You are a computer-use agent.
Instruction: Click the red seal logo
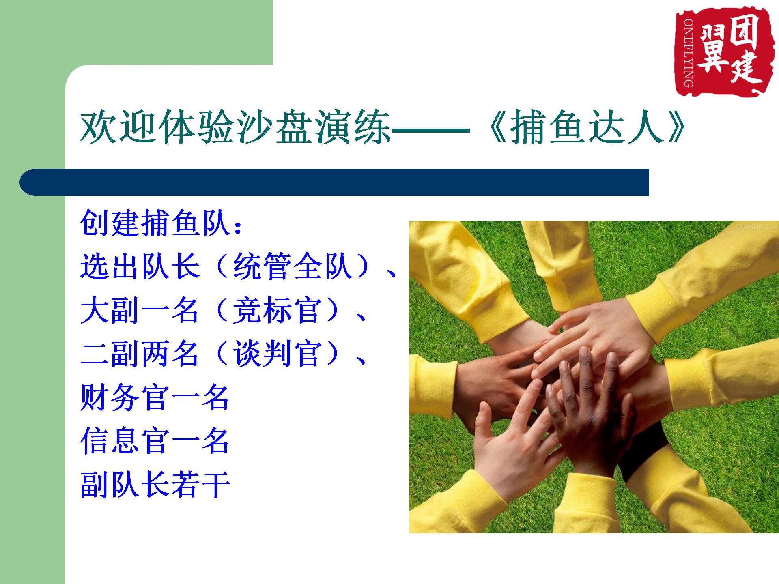coord(719,53)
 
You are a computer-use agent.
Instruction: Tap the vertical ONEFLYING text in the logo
coord(689,52)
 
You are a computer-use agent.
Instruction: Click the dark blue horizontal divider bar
coord(334,182)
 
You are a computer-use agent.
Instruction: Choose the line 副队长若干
coord(155,485)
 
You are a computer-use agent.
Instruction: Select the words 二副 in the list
coord(110,354)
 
